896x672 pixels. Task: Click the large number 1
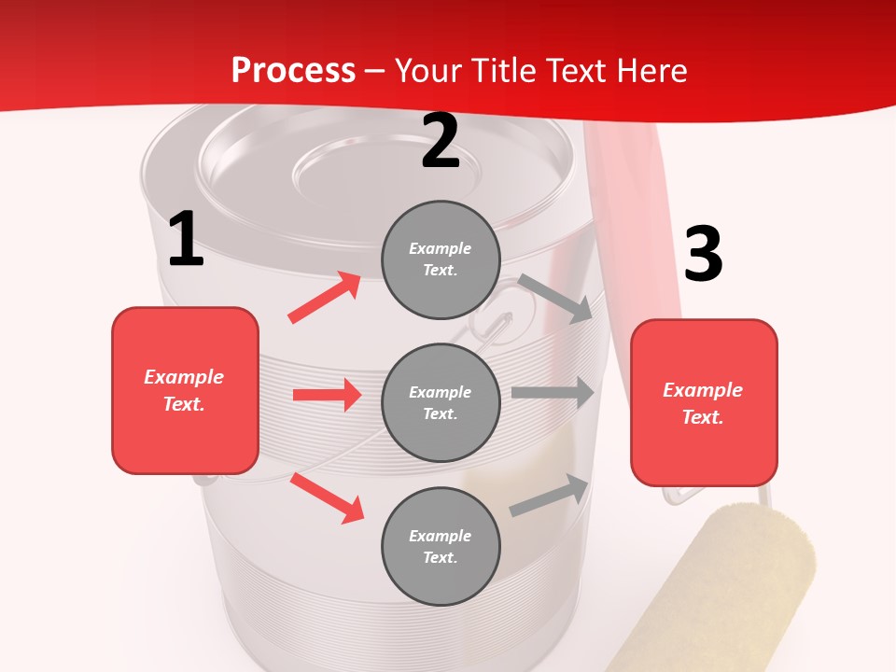coord(186,240)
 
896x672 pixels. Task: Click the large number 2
coord(441,141)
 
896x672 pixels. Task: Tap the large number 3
coord(703,254)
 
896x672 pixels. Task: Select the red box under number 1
coord(185,390)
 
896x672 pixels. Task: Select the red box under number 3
coord(704,403)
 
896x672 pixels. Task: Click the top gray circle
coord(441,259)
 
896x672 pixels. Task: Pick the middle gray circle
coord(441,402)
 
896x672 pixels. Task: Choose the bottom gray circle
coord(441,546)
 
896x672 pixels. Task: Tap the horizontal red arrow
coord(327,395)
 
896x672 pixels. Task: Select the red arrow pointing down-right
coord(327,497)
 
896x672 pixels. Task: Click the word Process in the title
coord(293,70)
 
